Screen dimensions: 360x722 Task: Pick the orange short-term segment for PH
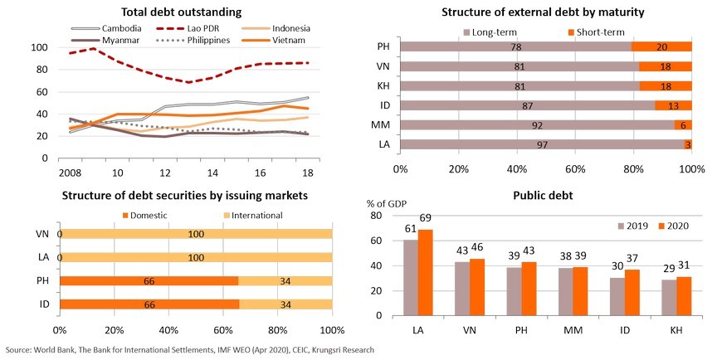coord(661,46)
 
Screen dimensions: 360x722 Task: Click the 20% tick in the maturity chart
coord(458,169)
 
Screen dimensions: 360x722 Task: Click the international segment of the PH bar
coord(285,280)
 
